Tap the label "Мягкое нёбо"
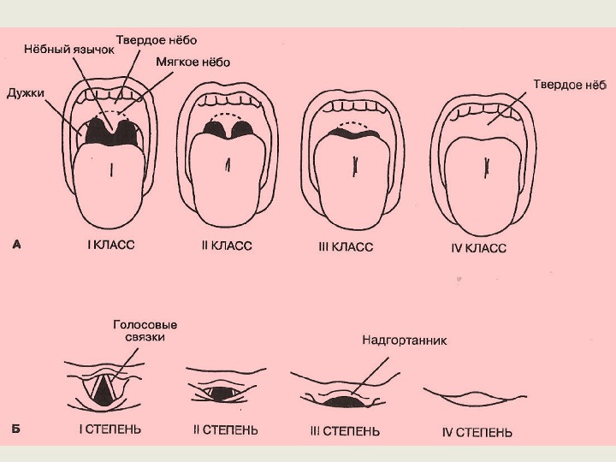click(193, 62)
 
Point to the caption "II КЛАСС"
click(226, 246)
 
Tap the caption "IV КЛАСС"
click(478, 248)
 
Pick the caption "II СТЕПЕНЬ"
click(225, 429)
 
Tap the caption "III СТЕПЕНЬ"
click(345, 431)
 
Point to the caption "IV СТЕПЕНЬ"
click(477, 432)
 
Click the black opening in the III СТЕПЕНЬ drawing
click(340, 400)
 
